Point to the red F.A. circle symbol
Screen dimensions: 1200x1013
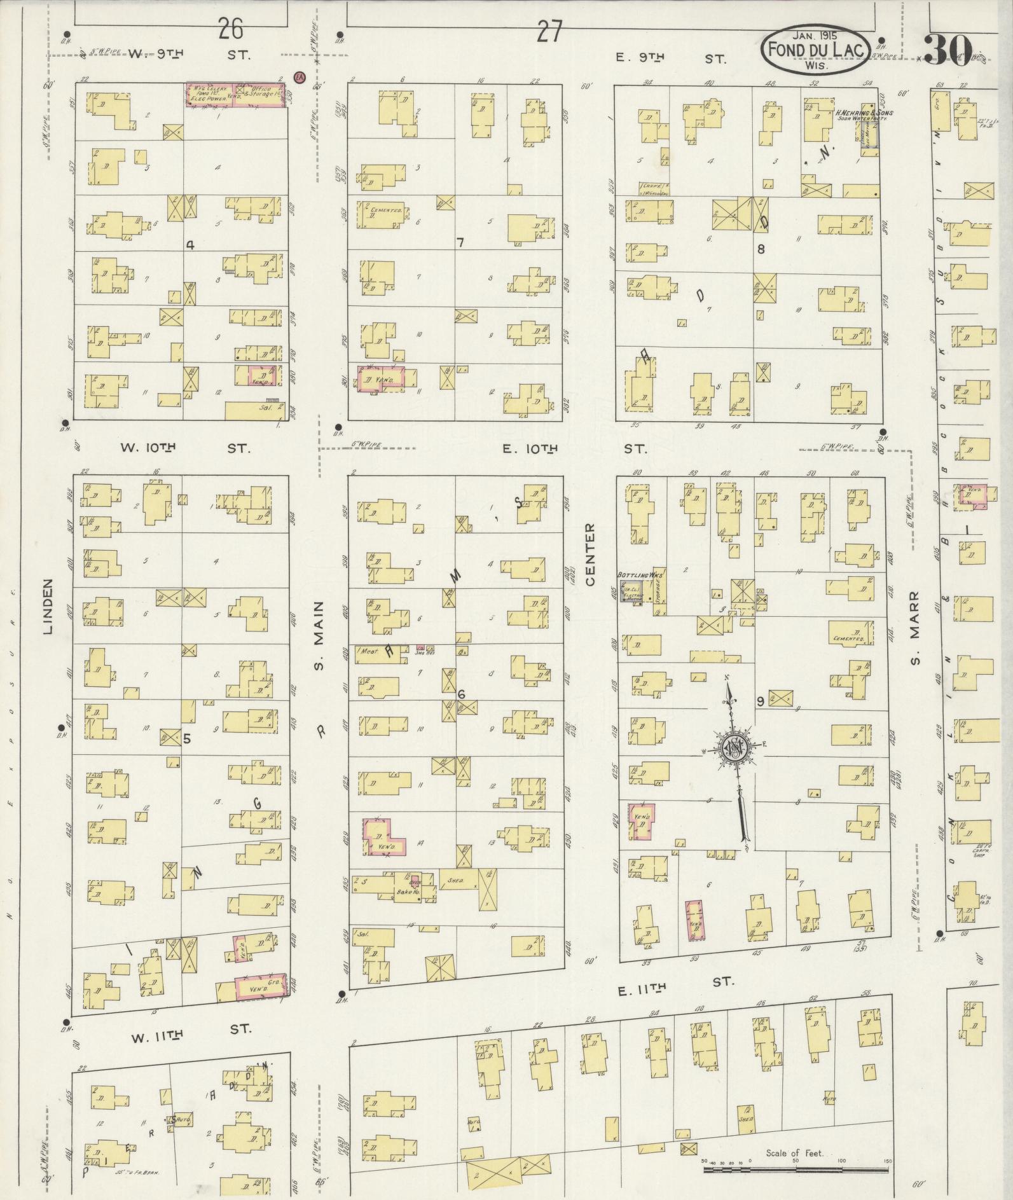tap(298, 77)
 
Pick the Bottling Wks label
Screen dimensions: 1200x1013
tap(640, 574)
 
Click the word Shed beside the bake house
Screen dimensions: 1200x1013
tap(453, 881)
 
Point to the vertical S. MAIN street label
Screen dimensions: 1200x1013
tap(320, 636)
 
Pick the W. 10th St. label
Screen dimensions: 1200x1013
tap(185, 448)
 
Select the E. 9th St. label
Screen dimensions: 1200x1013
tap(670, 59)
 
